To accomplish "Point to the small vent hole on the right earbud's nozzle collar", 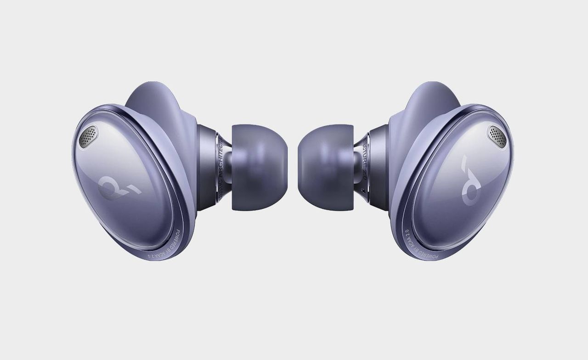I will coord(364,190).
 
